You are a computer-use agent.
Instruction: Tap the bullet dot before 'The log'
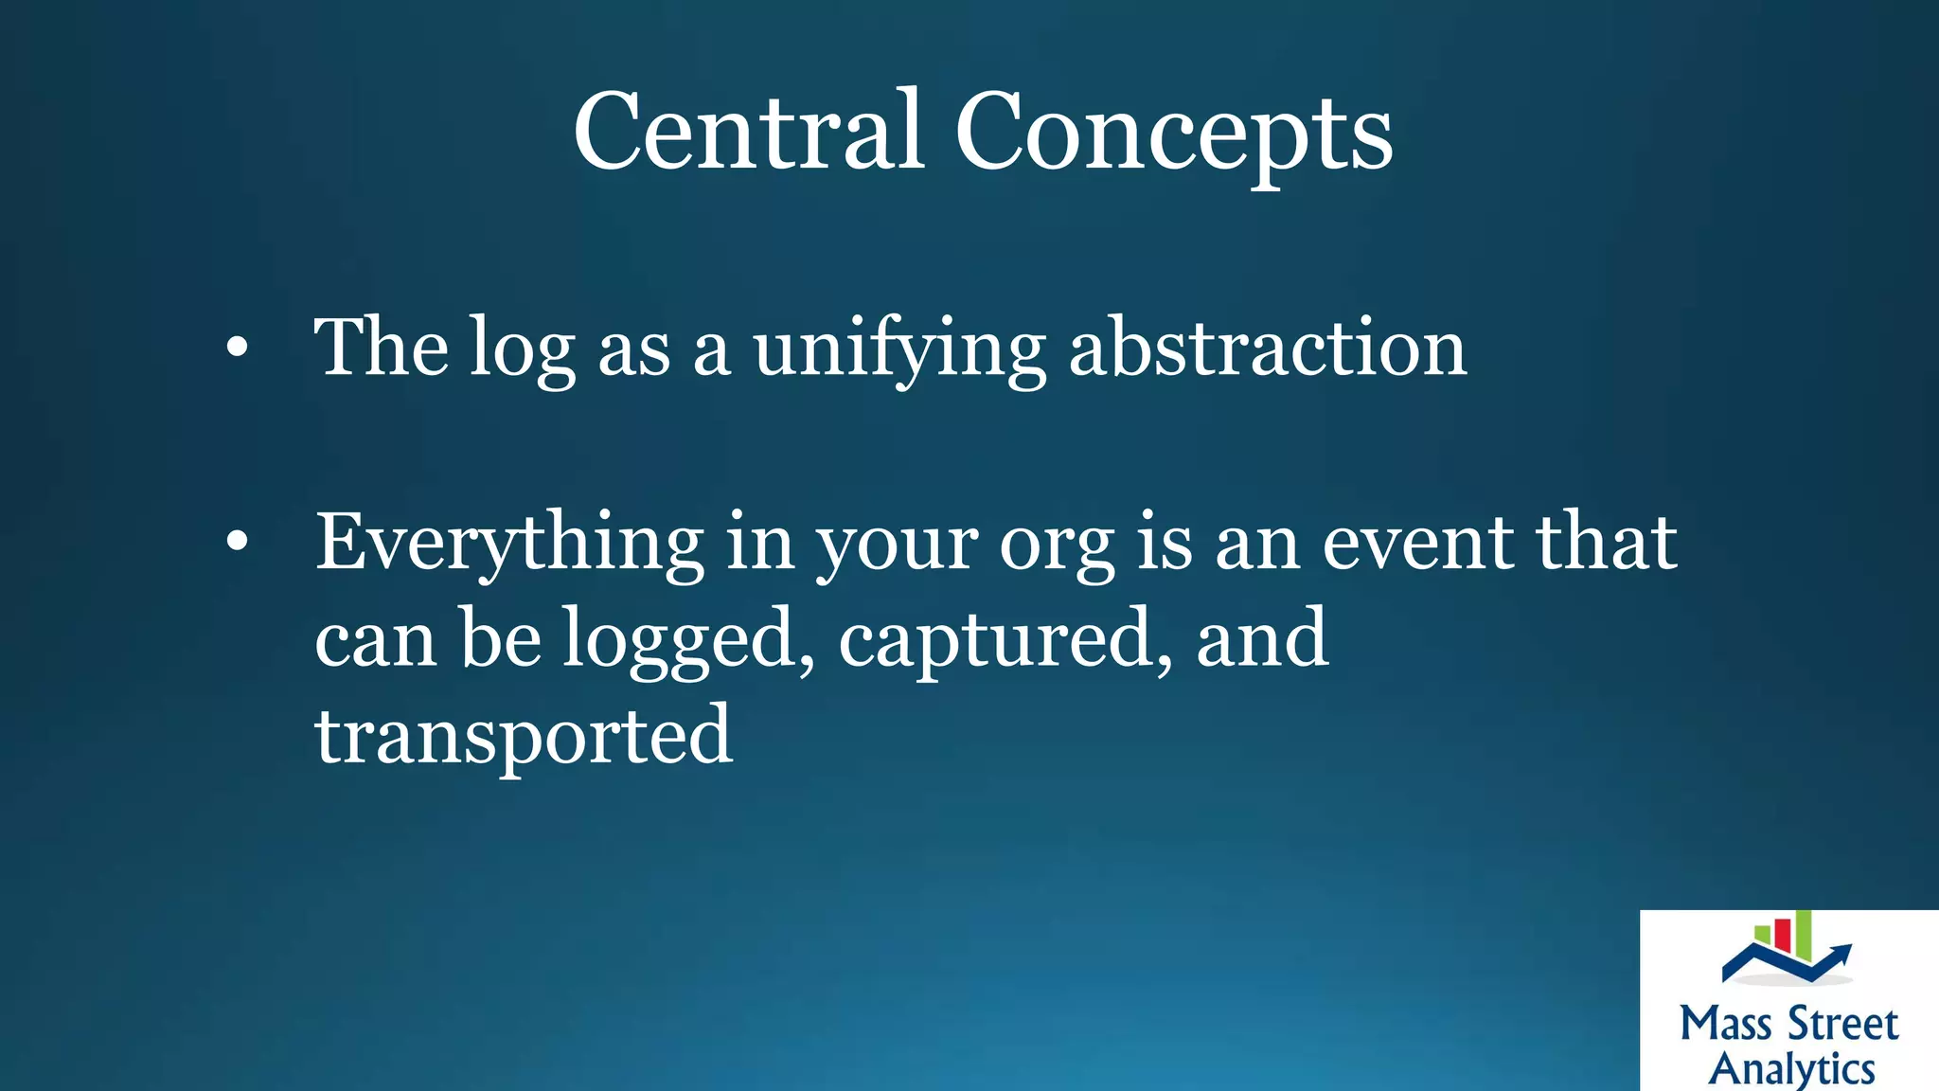(237, 348)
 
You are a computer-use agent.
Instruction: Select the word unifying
(899, 350)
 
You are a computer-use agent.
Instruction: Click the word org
(1057, 547)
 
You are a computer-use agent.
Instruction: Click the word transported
(524, 737)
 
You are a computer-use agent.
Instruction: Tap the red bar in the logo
(1782, 934)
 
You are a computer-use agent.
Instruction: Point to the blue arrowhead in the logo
(1841, 953)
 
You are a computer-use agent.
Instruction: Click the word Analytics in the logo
(1791, 1069)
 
